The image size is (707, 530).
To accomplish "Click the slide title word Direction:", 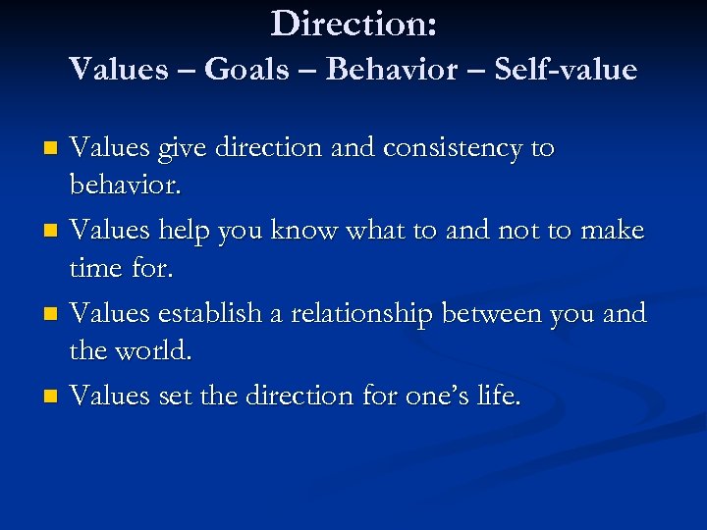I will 353,24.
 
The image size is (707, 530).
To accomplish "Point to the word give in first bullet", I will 178,148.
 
